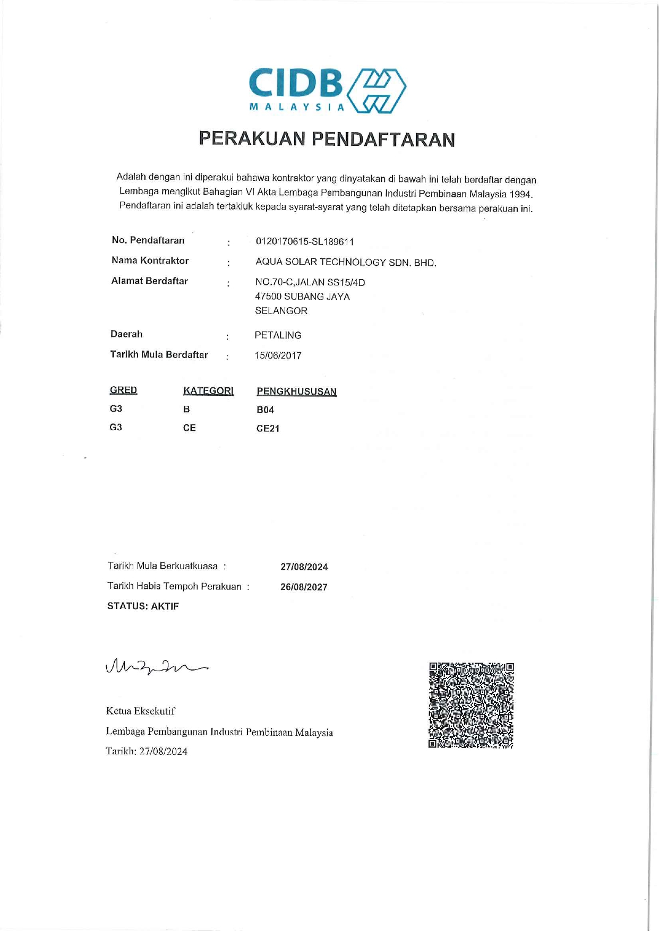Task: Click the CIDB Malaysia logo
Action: click(x=328, y=90)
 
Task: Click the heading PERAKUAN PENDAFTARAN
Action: click(x=327, y=139)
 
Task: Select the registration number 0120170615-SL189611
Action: click(x=305, y=242)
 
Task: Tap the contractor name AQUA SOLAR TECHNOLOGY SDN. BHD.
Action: click(x=346, y=263)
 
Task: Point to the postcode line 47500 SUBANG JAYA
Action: click(x=302, y=297)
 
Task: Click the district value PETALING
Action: click(x=278, y=335)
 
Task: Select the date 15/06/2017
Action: click(x=278, y=356)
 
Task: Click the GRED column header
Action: click(x=123, y=390)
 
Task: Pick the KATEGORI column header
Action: click(x=208, y=391)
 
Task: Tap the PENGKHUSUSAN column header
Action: click(x=296, y=391)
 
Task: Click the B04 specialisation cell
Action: click(x=265, y=410)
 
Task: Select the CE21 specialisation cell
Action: click(x=268, y=429)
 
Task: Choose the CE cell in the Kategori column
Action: click(x=189, y=428)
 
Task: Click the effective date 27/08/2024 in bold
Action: click(x=304, y=567)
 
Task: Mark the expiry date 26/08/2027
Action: click(x=304, y=587)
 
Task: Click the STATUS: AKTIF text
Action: click(x=143, y=606)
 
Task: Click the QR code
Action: click(x=471, y=705)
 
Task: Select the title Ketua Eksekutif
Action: click(x=140, y=711)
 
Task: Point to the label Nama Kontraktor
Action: click(x=150, y=260)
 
